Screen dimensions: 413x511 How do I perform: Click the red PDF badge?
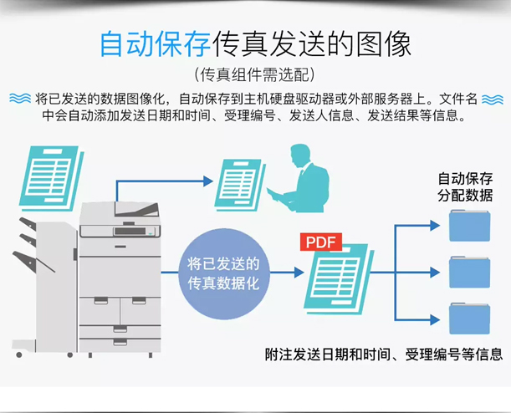click(x=321, y=242)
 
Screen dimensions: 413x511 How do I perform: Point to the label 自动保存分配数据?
click(x=465, y=187)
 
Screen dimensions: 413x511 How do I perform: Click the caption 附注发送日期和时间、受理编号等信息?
click(x=384, y=354)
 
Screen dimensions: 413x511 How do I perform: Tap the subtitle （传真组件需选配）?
click(x=255, y=74)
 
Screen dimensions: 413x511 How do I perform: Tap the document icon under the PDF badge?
click(x=338, y=276)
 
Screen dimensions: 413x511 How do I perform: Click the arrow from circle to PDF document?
click(x=289, y=273)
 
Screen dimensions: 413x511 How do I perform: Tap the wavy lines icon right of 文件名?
click(x=493, y=99)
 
